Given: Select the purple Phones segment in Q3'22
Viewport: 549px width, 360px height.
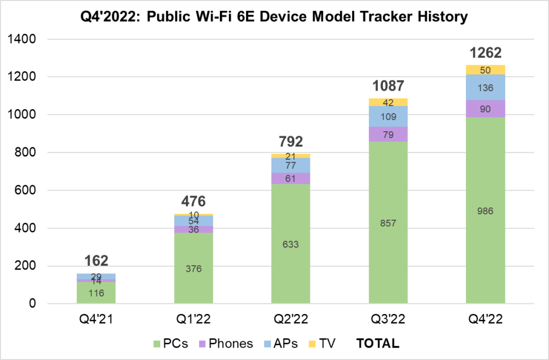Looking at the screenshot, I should [388, 134].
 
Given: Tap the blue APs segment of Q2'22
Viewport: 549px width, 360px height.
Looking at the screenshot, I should [291, 165].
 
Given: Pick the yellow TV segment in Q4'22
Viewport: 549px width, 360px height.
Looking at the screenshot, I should [485, 70].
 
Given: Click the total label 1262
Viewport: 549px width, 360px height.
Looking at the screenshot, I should [485, 53].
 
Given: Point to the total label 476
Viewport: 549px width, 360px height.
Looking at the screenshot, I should [194, 202].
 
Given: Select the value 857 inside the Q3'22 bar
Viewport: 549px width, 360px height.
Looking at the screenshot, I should [388, 223].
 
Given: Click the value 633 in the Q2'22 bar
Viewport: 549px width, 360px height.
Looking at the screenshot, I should [291, 244].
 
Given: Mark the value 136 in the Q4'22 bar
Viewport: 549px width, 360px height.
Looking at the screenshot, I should [485, 87].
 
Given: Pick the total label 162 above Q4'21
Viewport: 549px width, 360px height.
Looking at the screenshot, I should [97, 261].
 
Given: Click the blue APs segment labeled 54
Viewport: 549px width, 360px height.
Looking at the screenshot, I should [194, 221].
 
